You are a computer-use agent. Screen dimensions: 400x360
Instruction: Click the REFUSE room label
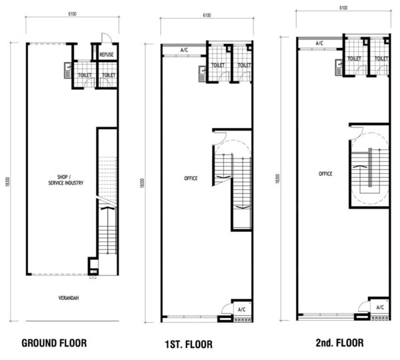click(x=107, y=55)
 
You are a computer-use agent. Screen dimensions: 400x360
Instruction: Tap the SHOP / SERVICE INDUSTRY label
click(x=66, y=180)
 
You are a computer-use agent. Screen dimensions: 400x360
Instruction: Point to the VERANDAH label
click(x=69, y=298)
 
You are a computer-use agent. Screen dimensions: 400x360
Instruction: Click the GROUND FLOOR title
click(x=54, y=343)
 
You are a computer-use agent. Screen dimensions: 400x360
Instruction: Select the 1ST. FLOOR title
click(x=189, y=345)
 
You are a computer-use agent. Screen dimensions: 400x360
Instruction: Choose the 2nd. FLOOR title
click(x=339, y=343)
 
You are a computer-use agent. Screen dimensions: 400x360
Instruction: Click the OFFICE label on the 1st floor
click(x=191, y=179)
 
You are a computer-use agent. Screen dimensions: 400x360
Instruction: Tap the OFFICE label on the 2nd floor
click(x=325, y=174)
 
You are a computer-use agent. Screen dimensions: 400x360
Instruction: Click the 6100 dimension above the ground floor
click(x=72, y=14)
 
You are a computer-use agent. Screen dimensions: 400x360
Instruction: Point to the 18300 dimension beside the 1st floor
click(x=143, y=183)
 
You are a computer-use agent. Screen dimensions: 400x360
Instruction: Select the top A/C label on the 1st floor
click(x=184, y=50)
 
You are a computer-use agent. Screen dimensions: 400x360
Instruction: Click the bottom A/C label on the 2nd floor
click(x=380, y=307)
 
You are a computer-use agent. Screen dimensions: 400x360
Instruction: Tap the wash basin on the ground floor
click(x=67, y=71)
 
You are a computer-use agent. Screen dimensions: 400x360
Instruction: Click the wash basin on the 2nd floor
click(x=339, y=67)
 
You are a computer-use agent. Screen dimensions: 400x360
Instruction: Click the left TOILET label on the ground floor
click(x=85, y=75)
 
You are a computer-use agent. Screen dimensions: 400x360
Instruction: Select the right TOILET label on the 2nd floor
click(x=381, y=59)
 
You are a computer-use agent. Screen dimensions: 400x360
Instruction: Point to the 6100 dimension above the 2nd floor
click(x=343, y=8)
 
